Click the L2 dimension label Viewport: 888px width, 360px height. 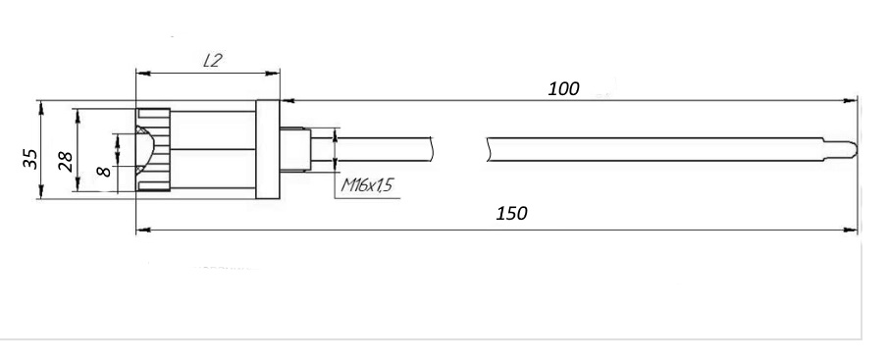point(212,61)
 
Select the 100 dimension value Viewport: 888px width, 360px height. point(563,89)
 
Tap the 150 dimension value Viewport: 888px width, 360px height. point(511,214)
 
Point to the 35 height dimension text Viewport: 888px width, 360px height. point(30,159)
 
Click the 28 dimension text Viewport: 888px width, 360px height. point(66,162)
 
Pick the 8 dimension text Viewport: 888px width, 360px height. point(104,170)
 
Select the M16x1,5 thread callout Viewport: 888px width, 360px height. point(367,185)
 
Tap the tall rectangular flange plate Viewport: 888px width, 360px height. point(267,149)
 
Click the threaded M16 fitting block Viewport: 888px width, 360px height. point(295,149)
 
